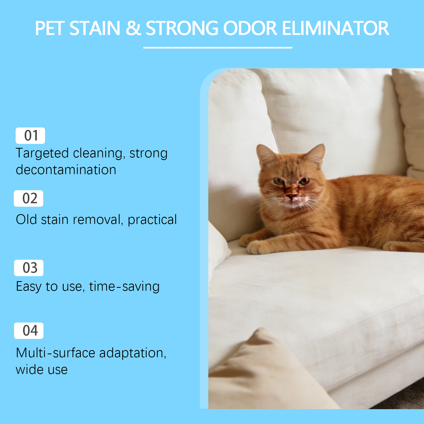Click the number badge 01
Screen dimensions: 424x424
[x=30, y=136]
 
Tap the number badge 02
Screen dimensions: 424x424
[x=28, y=198]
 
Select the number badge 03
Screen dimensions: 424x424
[x=29, y=268]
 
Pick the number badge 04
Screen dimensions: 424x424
[x=29, y=331]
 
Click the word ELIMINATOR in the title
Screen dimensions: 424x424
[x=335, y=28]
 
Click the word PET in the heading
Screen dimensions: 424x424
[x=50, y=28]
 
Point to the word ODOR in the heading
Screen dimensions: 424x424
[x=250, y=28]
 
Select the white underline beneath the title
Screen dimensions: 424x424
[x=218, y=48]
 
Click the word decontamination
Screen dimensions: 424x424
[x=66, y=170]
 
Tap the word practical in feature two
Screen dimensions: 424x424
[x=152, y=220]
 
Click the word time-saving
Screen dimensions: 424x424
[x=124, y=287]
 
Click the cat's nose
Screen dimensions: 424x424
[x=292, y=196]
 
